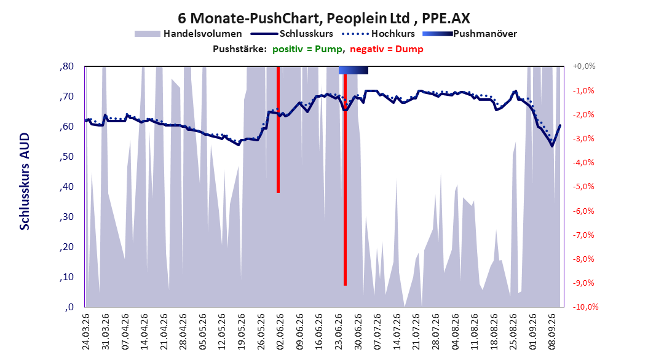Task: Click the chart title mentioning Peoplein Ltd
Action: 323,18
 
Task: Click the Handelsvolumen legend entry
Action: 188,34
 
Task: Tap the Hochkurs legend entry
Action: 378,34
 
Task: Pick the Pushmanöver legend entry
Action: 470,34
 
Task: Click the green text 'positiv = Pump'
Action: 307,49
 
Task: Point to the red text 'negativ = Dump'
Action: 387,49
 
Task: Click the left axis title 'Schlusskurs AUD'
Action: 25,181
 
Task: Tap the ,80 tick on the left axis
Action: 66,66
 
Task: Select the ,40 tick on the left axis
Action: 66,187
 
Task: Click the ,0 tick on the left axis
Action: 69,307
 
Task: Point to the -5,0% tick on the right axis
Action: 583,187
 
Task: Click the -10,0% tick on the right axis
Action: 585,307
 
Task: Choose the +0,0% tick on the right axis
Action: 584,66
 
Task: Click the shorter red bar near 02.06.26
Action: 278,130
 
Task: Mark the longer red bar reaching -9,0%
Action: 345,176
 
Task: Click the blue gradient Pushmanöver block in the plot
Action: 354,70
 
